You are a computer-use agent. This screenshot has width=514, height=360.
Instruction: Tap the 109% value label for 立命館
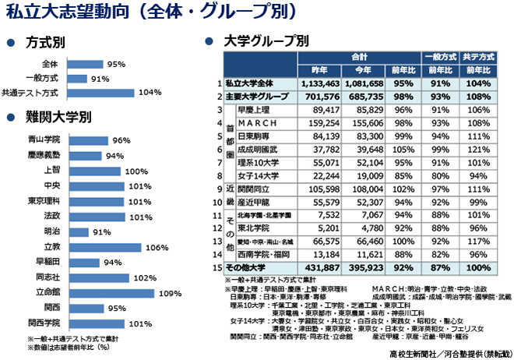tap(168, 293)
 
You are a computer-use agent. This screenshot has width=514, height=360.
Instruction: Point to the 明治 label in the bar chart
tap(52, 232)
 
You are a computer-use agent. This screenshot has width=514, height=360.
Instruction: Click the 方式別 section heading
tap(45, 41)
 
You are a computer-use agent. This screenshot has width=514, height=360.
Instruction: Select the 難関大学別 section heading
tap(58, 118)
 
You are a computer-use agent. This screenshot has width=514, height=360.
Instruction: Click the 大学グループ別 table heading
tap(266, 41)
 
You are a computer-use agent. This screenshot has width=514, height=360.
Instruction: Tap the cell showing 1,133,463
tap(320, 83)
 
